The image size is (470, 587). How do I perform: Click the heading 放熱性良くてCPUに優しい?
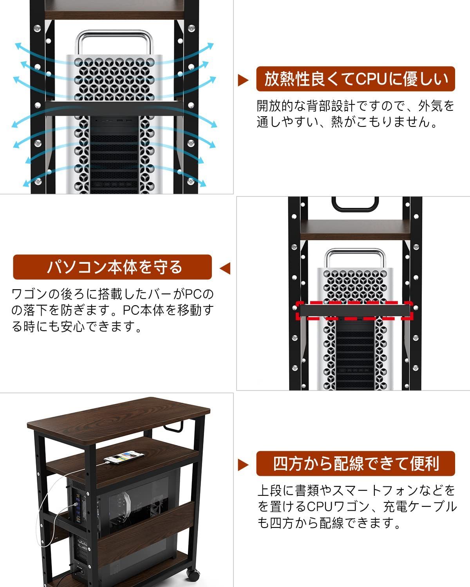[356, 79]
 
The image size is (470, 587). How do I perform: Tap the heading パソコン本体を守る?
[112, 267]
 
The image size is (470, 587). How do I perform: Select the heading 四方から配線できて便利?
[356, 464]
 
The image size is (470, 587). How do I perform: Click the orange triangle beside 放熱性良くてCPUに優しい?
[243, 80]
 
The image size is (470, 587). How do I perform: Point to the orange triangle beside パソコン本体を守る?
[225, 268]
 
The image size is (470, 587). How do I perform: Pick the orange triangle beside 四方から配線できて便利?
[243, 465]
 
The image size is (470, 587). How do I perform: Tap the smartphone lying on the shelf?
[122, 457]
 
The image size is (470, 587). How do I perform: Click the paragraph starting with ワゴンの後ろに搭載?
[113, 310]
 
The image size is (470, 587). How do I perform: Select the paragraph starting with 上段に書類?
[356, 506]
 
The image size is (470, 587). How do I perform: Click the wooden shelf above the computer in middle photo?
[355, 228]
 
